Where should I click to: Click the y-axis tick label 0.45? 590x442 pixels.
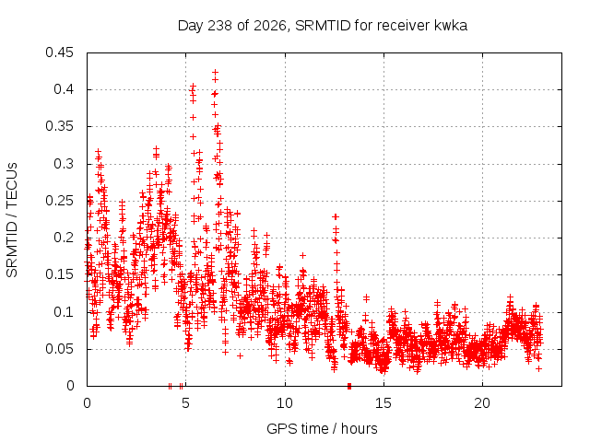click(59, 52)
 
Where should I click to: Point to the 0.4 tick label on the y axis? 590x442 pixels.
click(64, 89)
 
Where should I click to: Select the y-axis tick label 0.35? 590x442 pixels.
click(59, 126)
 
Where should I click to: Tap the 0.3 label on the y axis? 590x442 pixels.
click(64, 164)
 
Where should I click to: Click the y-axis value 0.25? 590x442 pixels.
click(59, 201)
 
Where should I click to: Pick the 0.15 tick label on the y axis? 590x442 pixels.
click(59, 274)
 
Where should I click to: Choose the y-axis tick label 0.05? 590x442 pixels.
click(59, 349)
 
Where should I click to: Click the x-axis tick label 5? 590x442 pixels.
click(185, 403)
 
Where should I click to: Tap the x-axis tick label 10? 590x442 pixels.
click(285, 403)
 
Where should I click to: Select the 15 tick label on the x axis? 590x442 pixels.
click(383, 403)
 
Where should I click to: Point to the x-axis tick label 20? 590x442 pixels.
click(482, 403)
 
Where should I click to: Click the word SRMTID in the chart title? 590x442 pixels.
click(323, 26)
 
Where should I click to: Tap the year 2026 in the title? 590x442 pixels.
click(270, 26)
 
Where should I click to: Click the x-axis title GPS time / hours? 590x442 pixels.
click(322, 428)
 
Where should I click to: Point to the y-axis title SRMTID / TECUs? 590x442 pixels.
click(12, 220)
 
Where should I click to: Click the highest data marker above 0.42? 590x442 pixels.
click(215, 72)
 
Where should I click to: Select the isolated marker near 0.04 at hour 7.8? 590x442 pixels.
click(240, 355)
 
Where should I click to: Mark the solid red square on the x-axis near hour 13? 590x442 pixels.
click(349, 386)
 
